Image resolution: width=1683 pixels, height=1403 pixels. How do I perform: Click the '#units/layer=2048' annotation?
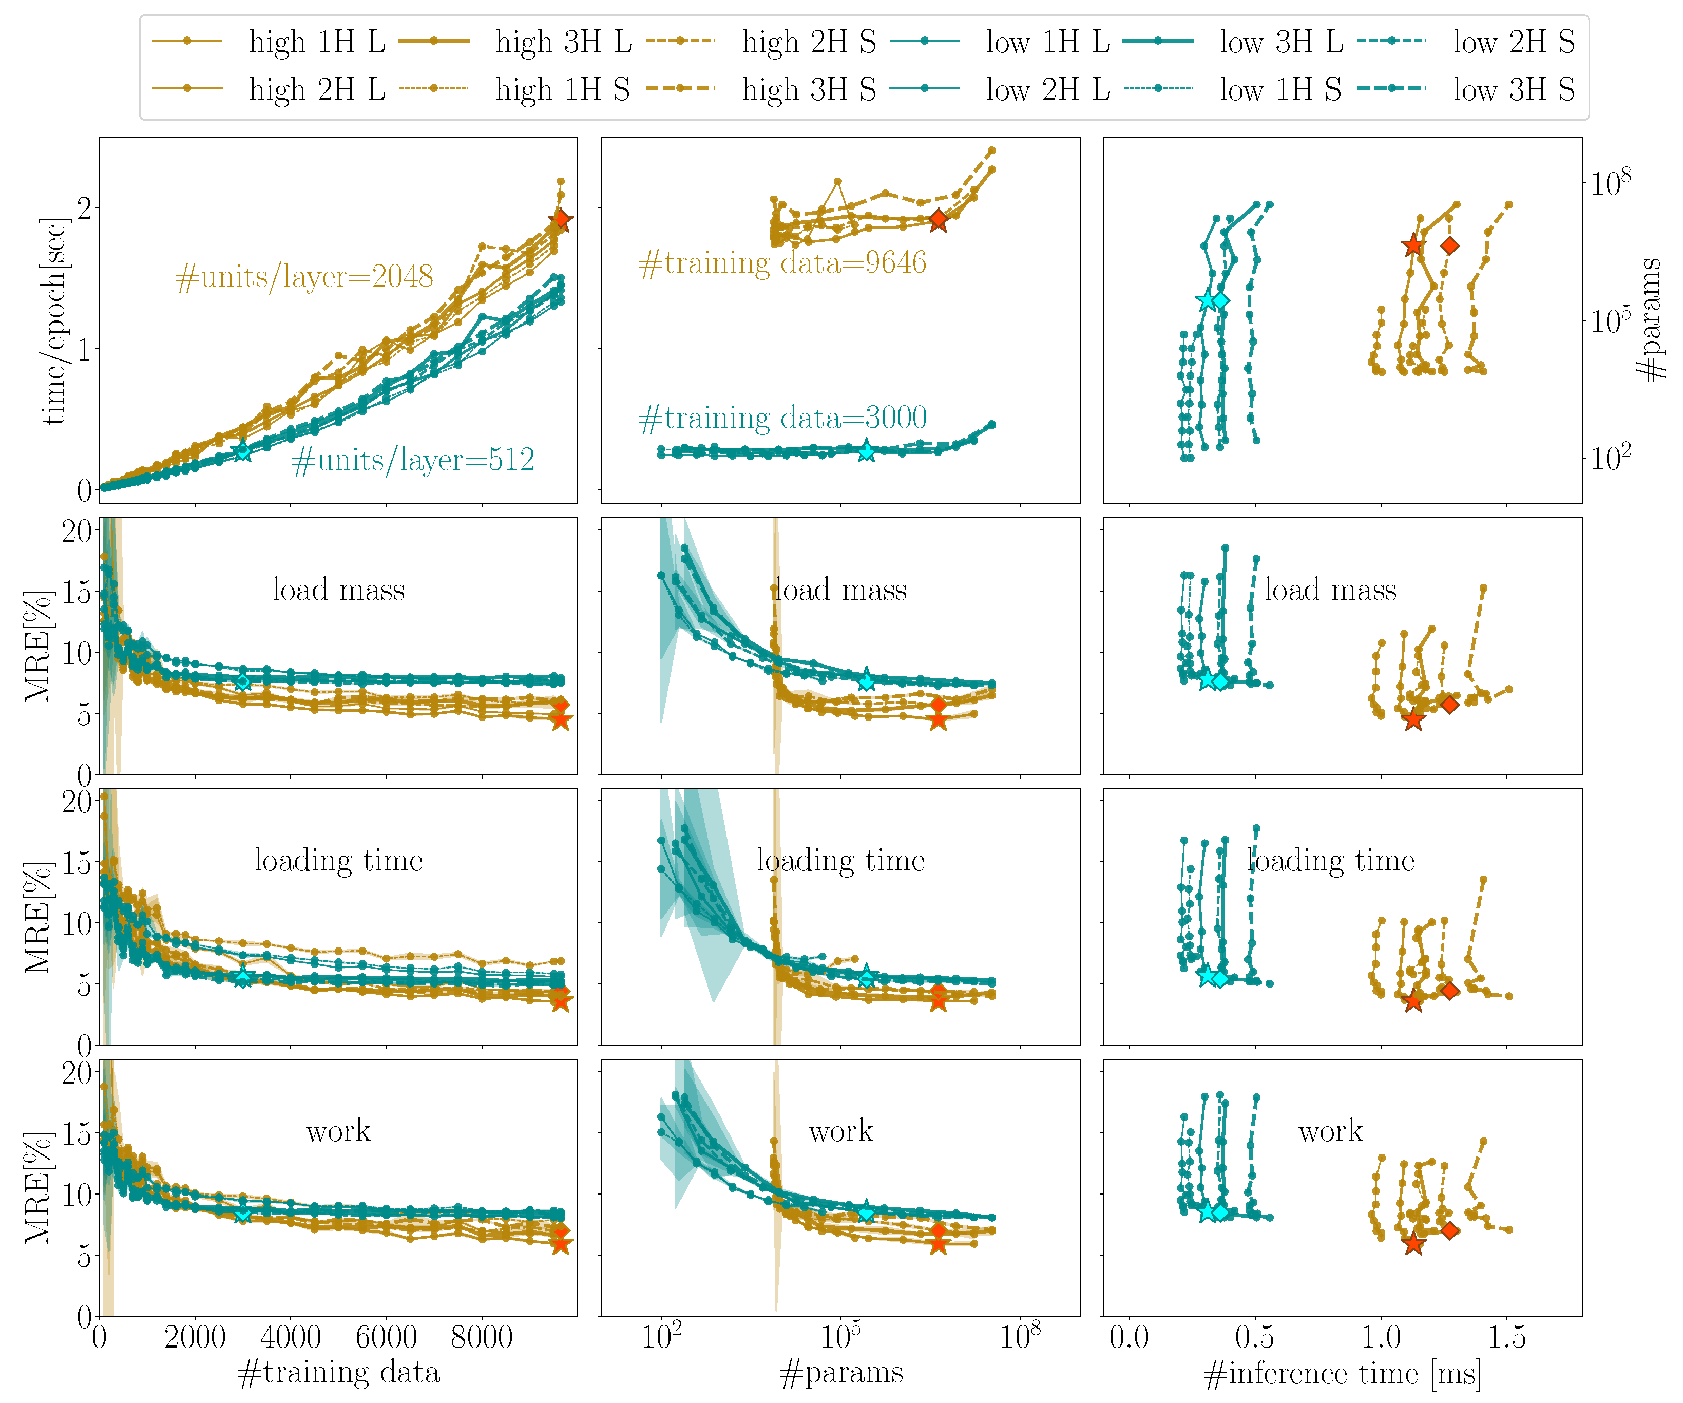(304, 277)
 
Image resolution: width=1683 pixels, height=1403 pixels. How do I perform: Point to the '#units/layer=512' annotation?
(413, 460)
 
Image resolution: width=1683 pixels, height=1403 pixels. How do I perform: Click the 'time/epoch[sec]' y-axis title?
(54, 320)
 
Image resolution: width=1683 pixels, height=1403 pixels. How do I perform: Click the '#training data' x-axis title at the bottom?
(339, 1373)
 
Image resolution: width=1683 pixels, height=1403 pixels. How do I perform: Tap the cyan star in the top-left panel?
(242, 451)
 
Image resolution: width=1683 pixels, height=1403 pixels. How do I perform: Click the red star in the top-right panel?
(1413, 245)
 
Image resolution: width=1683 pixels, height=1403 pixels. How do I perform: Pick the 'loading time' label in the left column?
(339, 860)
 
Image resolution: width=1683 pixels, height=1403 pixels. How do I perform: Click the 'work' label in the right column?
(1330, 1131)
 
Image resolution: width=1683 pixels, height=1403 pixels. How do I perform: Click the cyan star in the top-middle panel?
(866, 451)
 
